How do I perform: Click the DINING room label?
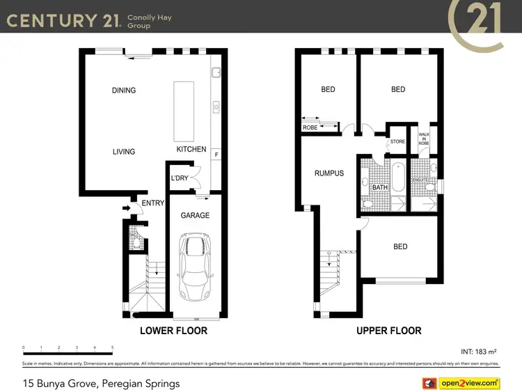point(124,91)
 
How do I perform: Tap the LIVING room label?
point(124,152)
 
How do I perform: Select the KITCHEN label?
point(191,150)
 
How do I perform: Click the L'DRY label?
point(180,179)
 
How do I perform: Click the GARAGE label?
point(195,216)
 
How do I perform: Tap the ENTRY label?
point(152,203)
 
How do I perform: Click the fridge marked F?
point(216,155)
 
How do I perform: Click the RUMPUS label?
point(329,173)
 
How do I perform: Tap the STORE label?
point(397,142)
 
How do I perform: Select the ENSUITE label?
point(420,180)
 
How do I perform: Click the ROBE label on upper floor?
point(310,128)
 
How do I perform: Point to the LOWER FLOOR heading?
point(174,331)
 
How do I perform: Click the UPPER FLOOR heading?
point(389,331)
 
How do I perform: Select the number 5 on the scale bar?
point(112,347)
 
